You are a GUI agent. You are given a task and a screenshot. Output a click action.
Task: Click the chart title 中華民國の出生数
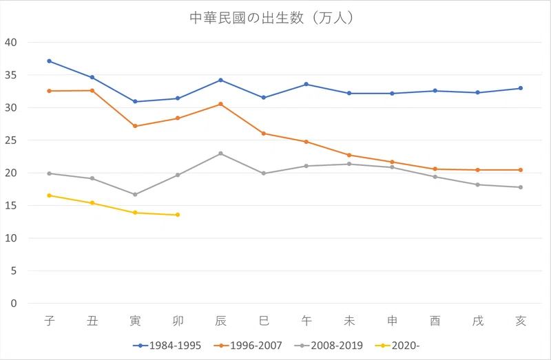pos(247,18)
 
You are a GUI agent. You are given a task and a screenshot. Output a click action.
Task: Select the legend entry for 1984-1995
pos(167,346)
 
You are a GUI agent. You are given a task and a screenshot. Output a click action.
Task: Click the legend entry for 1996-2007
pos(248,346)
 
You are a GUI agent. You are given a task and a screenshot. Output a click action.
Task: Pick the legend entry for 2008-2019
pos(329,346)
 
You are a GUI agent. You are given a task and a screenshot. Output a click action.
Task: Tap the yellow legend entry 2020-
pos(397,346)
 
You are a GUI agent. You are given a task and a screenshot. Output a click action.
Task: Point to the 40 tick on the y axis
pos(11,43)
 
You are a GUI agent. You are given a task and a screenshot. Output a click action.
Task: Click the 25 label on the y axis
pos(11,140)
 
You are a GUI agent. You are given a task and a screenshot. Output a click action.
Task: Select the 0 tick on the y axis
pos(14,304)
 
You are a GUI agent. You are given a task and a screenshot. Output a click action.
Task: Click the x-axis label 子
pos(50,321)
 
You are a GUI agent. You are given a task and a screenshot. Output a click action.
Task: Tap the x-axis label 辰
pos(220,321)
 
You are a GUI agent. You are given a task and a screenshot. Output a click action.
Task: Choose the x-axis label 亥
pos(521,321)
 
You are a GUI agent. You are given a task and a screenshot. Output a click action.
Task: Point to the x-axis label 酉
pos(435,321)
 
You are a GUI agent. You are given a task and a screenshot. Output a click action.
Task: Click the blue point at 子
pos(49,61)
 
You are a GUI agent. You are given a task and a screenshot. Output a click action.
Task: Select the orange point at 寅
pos(135,126)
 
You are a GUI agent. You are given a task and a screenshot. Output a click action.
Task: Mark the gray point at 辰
pos(220,153)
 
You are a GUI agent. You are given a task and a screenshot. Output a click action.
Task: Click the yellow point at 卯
pos(178,215)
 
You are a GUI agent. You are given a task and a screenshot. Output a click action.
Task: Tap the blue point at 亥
pos(521,88)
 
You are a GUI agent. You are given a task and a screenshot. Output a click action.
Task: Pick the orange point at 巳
pos(264,134)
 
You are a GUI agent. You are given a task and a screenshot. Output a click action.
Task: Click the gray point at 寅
pos(135,194)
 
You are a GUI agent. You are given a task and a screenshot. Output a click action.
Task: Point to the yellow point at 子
pos(49,195)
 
